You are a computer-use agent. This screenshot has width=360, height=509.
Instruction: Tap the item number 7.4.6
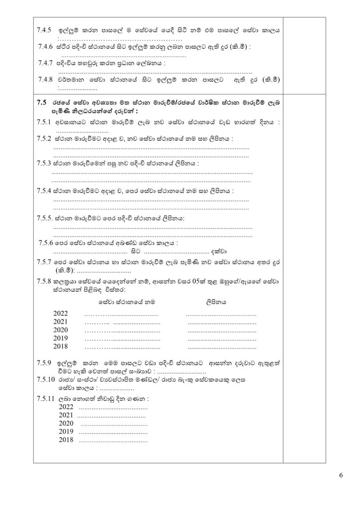pyautogui.click(x=47, y=47)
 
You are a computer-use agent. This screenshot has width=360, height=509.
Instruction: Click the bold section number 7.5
pyautogui.click(x=42, y=102)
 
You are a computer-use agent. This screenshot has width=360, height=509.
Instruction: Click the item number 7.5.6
pyautogui.click(x=48, y=243)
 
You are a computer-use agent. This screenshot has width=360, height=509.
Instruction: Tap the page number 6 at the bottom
pyautogui.click(x=341, y=475)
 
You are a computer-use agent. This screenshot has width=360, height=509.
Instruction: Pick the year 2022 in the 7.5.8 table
pyautogui.click(x=60, y=314)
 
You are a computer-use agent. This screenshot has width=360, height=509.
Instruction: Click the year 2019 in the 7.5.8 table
pyautogui.click(x=60, y=338)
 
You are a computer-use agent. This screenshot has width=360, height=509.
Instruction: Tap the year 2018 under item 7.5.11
pyautogui.click(x=66, y=440)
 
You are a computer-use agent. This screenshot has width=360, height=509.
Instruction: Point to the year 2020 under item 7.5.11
pyautogui.click(x=66, y=423)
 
